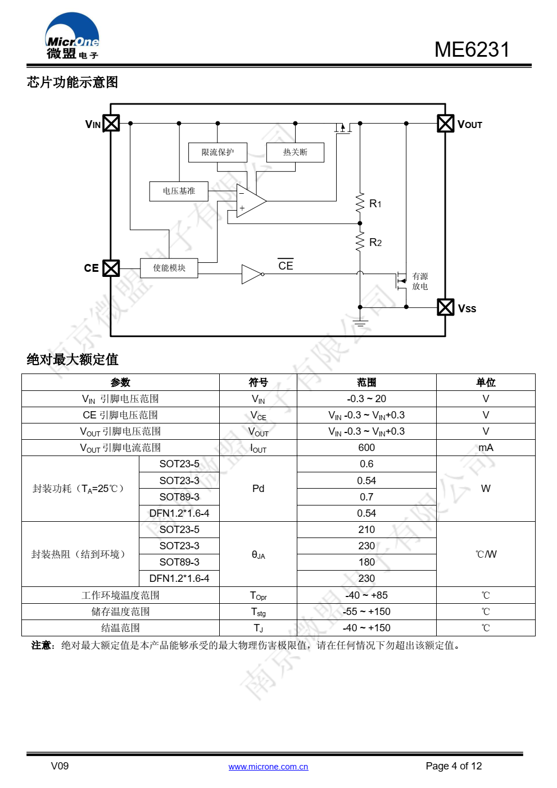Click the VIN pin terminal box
point(111,123)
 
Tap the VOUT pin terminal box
point(446,123)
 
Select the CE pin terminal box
point(111,268)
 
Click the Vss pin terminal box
point(446,307)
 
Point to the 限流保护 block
point(218,152)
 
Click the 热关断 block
point(295,152)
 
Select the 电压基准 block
point(179,191)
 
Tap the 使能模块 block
point(169,268)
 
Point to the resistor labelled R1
point(360,203)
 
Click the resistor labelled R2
point(360,242)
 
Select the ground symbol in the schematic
point(360,323)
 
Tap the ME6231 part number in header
point(472,49)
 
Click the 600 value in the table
point(366,448)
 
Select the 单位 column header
point(486,382)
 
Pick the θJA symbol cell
point(258,554)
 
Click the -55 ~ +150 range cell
point(366,612)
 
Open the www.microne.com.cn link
point(268,767)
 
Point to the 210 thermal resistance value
point(366,530)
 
